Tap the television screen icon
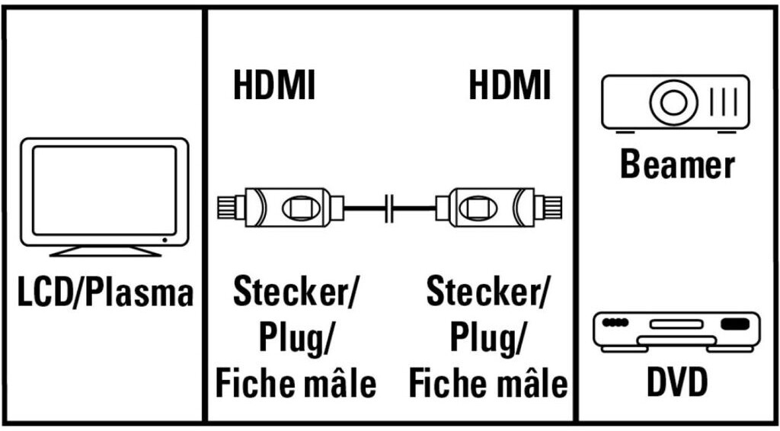(104, 190)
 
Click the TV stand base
(104, 251)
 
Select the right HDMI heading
(510, 85)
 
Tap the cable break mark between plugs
(390, 206)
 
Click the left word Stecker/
(296, 292)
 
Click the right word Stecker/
(488, 292)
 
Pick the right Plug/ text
(488, 337)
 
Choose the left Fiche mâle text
(296, 383)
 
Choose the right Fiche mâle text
(488, 383)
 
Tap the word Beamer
(677, 164)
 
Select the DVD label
(677, 383)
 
